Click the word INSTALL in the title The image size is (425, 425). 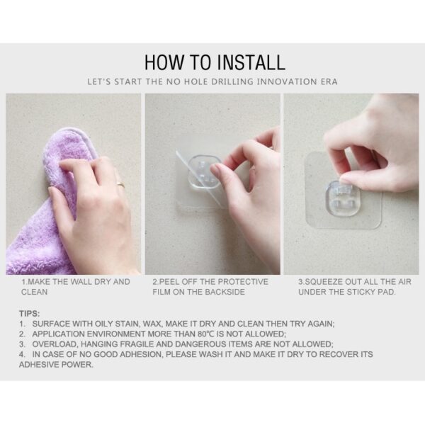click(x=251, y=62)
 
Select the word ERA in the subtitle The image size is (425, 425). click(x=329, y=81)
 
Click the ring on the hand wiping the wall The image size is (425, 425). click(x=120, y=185)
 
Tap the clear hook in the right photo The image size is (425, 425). click(x=343, y=199)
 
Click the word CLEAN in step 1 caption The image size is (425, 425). click(x=34, y=292)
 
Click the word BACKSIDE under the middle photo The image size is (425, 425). click(x=225, y=292)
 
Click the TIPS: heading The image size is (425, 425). click(x=29, y=314)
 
